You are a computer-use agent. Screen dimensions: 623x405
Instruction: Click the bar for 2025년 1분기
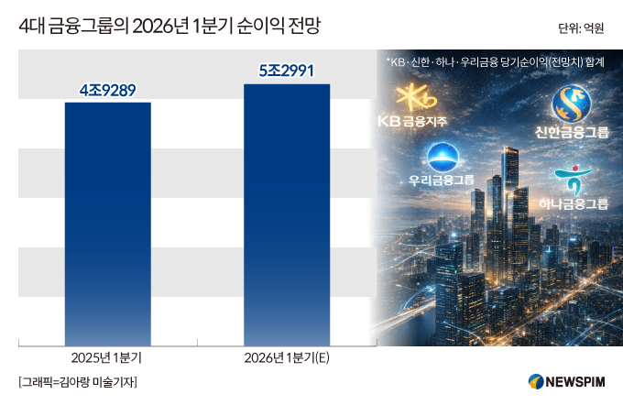(108, 224)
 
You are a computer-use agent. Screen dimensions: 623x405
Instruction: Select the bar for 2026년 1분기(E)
(287, 215)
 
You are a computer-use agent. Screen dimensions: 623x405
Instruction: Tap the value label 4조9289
(108, 91)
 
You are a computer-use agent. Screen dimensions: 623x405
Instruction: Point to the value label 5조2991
(287, 71)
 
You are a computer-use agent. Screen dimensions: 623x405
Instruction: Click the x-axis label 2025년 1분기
(106, 358)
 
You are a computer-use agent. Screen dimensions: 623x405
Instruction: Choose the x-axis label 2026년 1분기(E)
(287, 358)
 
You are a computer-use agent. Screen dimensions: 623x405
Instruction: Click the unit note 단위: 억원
(581, 28)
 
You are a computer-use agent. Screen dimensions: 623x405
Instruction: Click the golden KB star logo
(416, 97)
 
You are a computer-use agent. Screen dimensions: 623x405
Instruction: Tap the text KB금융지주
(412, 121)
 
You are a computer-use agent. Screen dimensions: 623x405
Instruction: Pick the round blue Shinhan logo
(572, 104)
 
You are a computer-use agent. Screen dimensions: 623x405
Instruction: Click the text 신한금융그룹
(572, 132)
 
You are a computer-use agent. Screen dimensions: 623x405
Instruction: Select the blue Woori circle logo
(443, 158)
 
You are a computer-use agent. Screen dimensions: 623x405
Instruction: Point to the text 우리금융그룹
(442, 180)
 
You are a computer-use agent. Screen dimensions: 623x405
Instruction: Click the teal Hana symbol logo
(574, 180)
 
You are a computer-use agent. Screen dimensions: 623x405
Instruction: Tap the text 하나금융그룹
(574, 204)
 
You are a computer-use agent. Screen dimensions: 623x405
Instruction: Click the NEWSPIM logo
(566, 382)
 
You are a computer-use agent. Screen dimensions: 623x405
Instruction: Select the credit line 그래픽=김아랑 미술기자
(78, 382)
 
